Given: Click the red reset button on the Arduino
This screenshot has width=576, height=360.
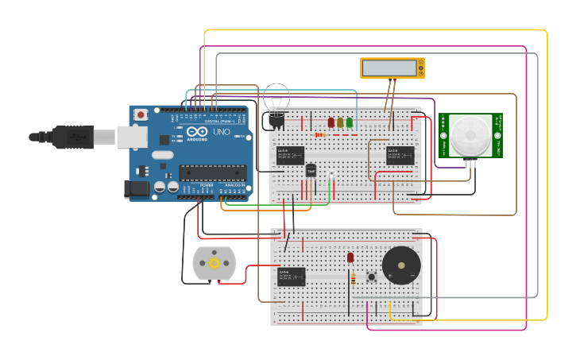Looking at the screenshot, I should [141, 115].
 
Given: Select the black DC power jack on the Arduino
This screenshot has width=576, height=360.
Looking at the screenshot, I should [137, 189].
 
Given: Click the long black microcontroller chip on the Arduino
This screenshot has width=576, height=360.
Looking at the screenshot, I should [211, 172].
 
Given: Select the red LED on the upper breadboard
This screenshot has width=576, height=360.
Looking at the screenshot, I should [331, 122].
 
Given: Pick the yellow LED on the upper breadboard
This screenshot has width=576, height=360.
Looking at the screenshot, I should [340, 122].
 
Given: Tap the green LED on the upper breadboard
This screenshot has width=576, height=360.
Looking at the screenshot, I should [350, 122].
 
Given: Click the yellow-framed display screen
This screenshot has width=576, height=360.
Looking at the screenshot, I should [392, 68].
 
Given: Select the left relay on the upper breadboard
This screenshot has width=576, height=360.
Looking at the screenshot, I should [290, 155].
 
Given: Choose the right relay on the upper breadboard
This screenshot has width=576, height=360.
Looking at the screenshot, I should [400, 155].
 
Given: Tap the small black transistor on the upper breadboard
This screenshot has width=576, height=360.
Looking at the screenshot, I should [311, 170].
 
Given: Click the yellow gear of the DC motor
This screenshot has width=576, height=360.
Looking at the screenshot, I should [213, 264].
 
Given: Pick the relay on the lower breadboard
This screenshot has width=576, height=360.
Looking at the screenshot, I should [291, 277].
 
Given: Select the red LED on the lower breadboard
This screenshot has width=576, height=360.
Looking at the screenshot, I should [350, 257].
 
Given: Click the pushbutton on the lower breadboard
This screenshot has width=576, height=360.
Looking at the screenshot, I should [371, 277].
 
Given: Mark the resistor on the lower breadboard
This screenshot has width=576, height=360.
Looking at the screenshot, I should [354, 278].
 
